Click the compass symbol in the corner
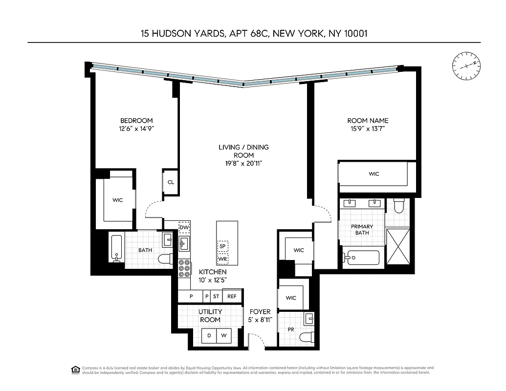click(466, 65)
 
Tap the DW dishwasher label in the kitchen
click(184, 227)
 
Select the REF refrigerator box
click(232, 296)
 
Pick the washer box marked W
click(224, 336)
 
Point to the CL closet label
click(171, 182)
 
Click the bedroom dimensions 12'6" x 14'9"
click(136, 129)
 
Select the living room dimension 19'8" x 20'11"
click(243, 164)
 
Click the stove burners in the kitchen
click(184, 269)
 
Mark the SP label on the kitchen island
click(222, 246)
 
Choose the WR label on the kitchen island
click(222, 259)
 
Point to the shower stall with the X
click(397, 243)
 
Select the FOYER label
click(260, 312)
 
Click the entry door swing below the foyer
click(256, 341)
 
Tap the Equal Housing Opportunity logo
click(75, 370)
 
